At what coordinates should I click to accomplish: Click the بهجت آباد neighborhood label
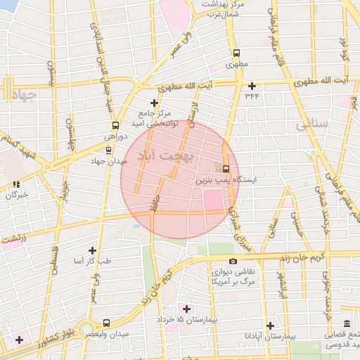(x=166, y=156)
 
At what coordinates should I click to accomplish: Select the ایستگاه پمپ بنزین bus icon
(x=226, y=169)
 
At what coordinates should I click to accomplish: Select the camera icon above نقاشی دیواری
(x=214, y=261)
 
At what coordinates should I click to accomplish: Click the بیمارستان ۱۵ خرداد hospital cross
(x=186, y=309)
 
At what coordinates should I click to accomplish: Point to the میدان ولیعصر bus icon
(x=105, y=322)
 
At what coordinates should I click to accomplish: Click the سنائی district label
(x=311, y=125)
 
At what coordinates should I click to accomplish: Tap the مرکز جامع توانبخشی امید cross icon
(x=154, y=103)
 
